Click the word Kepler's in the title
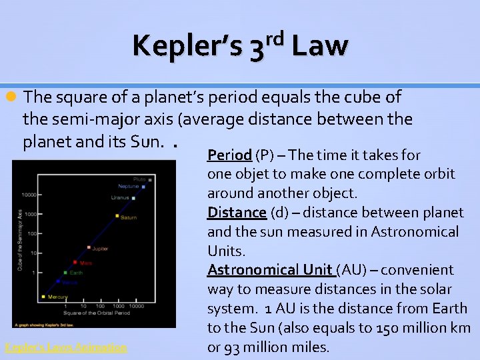(x=188, y=46)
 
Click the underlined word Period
(x=229, y=155)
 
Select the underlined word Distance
(x=237, y=213)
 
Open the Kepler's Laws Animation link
(x=65, y=347)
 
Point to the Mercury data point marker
(x=43, y=297)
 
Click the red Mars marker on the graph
(x=74, y=263)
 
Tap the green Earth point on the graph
(x=65, y=273)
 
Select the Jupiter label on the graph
(x=99, y=249)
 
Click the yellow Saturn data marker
(x=117, y=216)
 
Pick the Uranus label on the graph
(x=121, y=197)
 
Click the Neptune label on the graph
(x=128, y=186)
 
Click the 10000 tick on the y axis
(x=28, y=195)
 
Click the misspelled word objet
(x=249, y=174)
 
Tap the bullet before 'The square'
(x=11, y=97)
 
